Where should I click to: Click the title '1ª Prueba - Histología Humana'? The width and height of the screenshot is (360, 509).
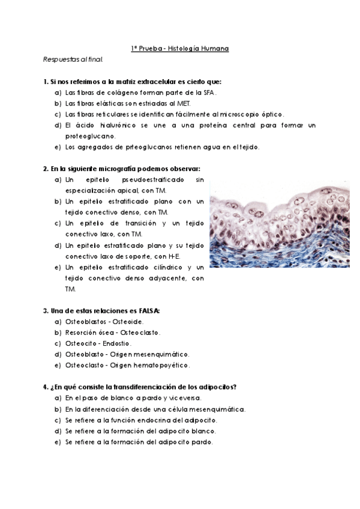coord(180,48)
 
